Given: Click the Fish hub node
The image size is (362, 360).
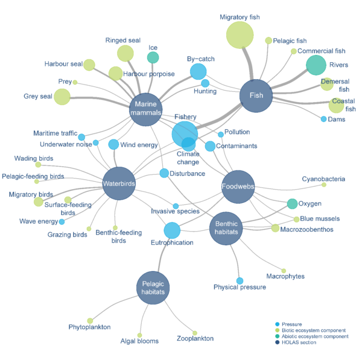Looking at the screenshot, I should [x=256, y=95].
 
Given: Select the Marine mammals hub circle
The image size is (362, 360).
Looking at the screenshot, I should [x=145, y=108].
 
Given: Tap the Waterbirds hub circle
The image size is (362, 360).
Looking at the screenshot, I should [x=119, y=183].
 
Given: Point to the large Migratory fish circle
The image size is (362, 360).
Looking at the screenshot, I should [x=240, y=35].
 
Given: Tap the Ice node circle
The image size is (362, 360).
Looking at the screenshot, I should [x=153, y=57].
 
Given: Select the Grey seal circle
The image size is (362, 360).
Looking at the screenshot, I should [x=62, y=97].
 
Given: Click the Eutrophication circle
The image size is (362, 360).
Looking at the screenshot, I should [x=172, y=230].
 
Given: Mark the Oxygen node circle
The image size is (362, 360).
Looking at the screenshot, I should [x=292, y=204].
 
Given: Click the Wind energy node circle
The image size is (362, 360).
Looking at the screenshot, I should [x=113, y=144].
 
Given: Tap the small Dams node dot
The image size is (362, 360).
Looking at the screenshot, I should [x=323, y=119].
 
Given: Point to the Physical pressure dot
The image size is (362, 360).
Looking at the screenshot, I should [x=240, y=281].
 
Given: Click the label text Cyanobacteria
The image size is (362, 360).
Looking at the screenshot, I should [x=323, y=179].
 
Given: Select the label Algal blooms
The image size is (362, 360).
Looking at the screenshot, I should [x=139, y=341].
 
